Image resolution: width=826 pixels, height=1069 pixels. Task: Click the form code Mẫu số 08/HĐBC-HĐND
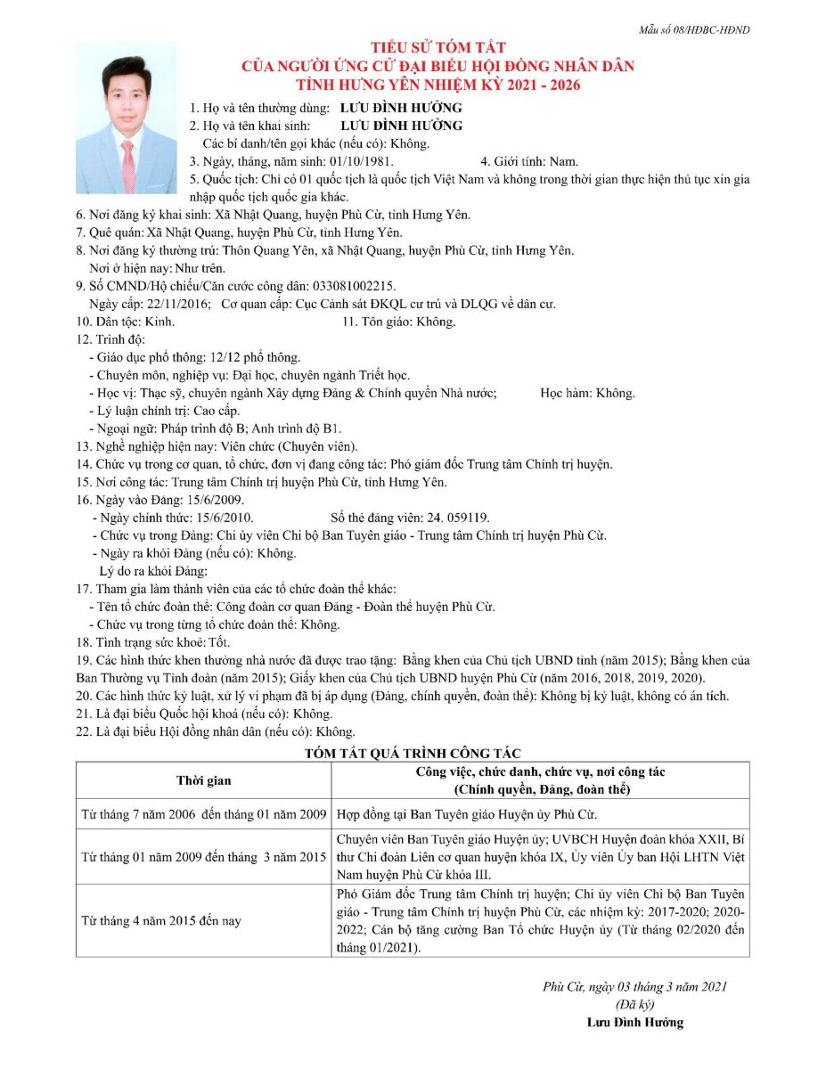point(694,29)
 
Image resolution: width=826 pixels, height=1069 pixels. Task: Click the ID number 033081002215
point(351,286)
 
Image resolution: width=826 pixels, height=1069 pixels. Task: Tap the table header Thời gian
point(203,780)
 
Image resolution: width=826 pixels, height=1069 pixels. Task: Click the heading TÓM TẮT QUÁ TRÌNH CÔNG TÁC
point(413,753)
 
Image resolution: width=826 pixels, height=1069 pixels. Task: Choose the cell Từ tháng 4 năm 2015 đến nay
point(161,920)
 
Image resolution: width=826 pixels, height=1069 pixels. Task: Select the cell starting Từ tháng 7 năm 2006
point(203,814)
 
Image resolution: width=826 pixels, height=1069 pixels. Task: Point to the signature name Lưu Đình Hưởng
point(635,1022)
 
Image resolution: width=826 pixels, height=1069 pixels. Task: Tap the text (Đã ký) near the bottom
point(635,1004)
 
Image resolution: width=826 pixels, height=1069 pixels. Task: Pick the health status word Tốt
point(219,642)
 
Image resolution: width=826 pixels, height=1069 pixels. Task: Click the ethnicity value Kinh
point(159,322)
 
